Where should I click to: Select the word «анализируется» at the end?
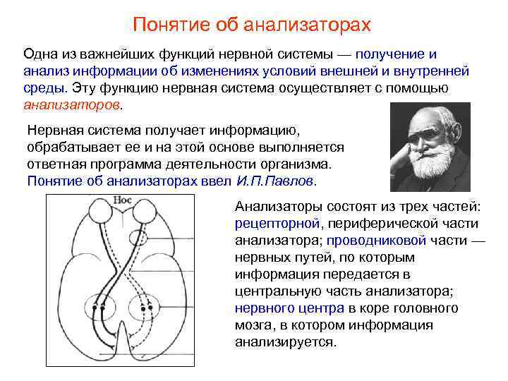[286, 342]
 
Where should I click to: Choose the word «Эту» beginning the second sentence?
[85, 88]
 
